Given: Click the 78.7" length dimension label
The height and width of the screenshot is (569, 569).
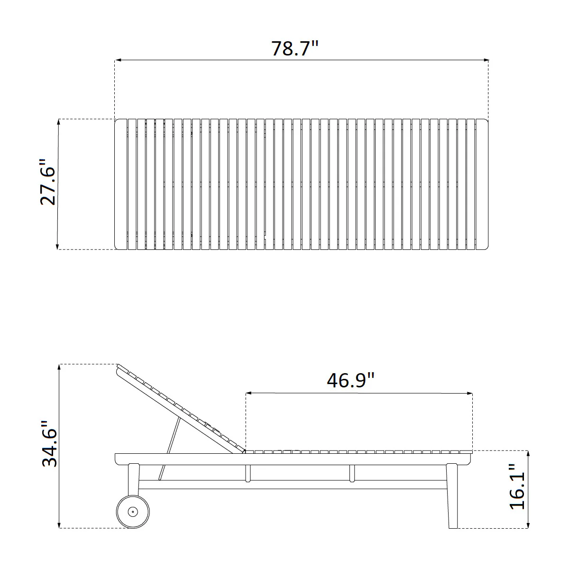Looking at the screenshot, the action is [x=294, y=48].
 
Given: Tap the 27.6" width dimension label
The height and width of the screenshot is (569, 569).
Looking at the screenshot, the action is [x=47, y=182].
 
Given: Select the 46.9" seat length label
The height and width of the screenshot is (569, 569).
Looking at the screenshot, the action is [x=350, y=380].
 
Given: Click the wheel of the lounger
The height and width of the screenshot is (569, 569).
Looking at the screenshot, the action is [x=133, y=512].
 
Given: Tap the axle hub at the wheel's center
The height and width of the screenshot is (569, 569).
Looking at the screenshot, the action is [x=133, y=512].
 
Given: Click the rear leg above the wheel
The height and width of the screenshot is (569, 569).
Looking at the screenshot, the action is [x=133, y=479].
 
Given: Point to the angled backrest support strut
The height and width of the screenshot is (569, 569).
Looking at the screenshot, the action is [x=169, y=449].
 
